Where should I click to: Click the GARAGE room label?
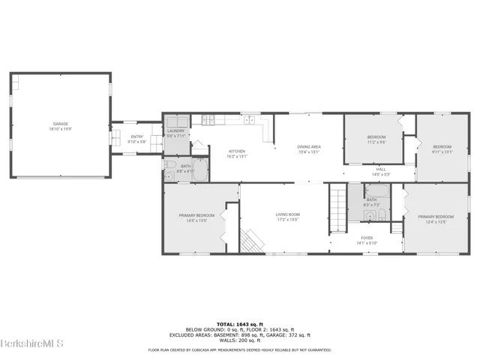coord(60,124)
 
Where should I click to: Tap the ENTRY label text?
coord(136,136)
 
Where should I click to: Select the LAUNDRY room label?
coord(175,130)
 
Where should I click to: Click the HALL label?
coord(381,169)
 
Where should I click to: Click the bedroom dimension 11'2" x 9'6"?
coord(376,141)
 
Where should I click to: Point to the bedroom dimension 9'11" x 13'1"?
coord(442,151)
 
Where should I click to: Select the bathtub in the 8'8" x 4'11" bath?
coord(201,169)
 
